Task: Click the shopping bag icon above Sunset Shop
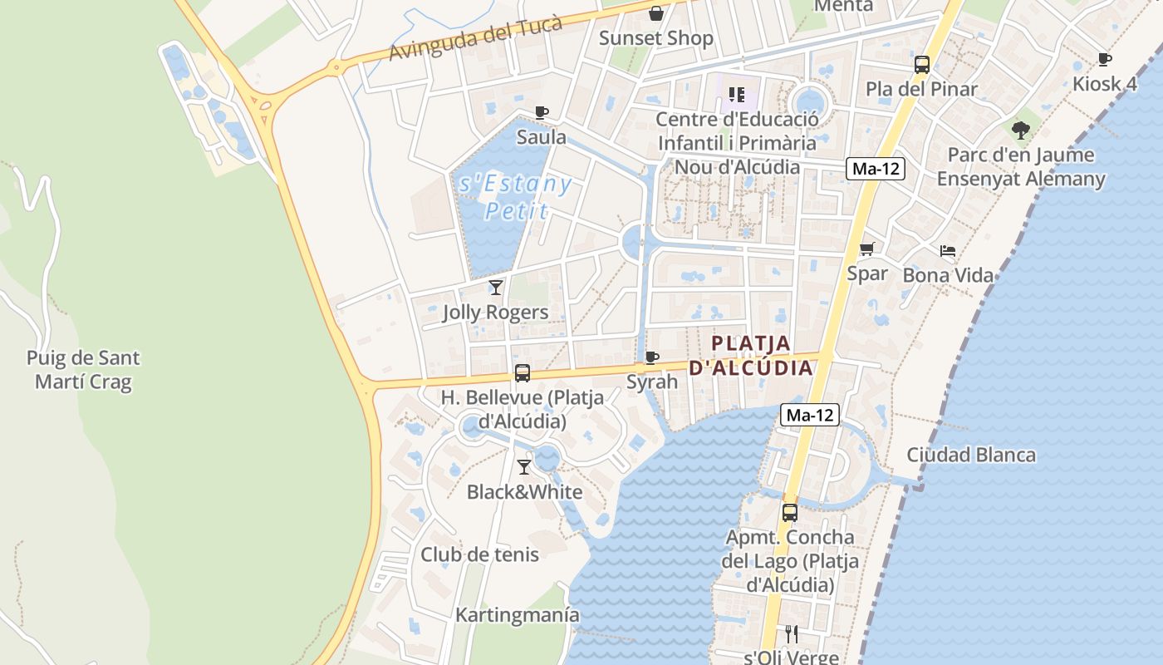pyautogui.click(x=656, y=13)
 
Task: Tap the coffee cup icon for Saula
pyautogui.click(x=542, y=112)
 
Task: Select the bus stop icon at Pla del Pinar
pyautogui.click(x=921, y=65)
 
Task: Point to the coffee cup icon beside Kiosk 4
pyautogui.click(x=1104, y=59)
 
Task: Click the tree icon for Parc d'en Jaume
pyautogui.click(x=1020, y=131)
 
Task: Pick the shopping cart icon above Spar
pyautogui.click(x=867, y=249)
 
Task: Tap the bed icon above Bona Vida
pyautogui.click(x=948, y=250)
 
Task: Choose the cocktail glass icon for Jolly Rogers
pyautogui.click(x=496, y=288)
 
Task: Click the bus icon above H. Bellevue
pyautogui.click(x=522, y=373)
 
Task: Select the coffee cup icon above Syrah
pyautogui.click(x=652, y=357)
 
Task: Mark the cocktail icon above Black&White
pyautogui.click(x=524, y=467)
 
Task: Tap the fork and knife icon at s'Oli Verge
pyautogui.click(x=791, y=634)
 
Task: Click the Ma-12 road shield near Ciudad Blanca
pyautogui.click(x=810, y=415)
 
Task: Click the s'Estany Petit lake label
pyautogui.click(x=516, y=196)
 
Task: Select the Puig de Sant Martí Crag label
pyautogui.click(x=83, y=370)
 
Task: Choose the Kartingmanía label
pyautogui.click(x=517, y=615)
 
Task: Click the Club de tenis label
pyautogui.click(x=479, y=554)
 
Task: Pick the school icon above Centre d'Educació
pyautogui.click(x=736, y=95)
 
